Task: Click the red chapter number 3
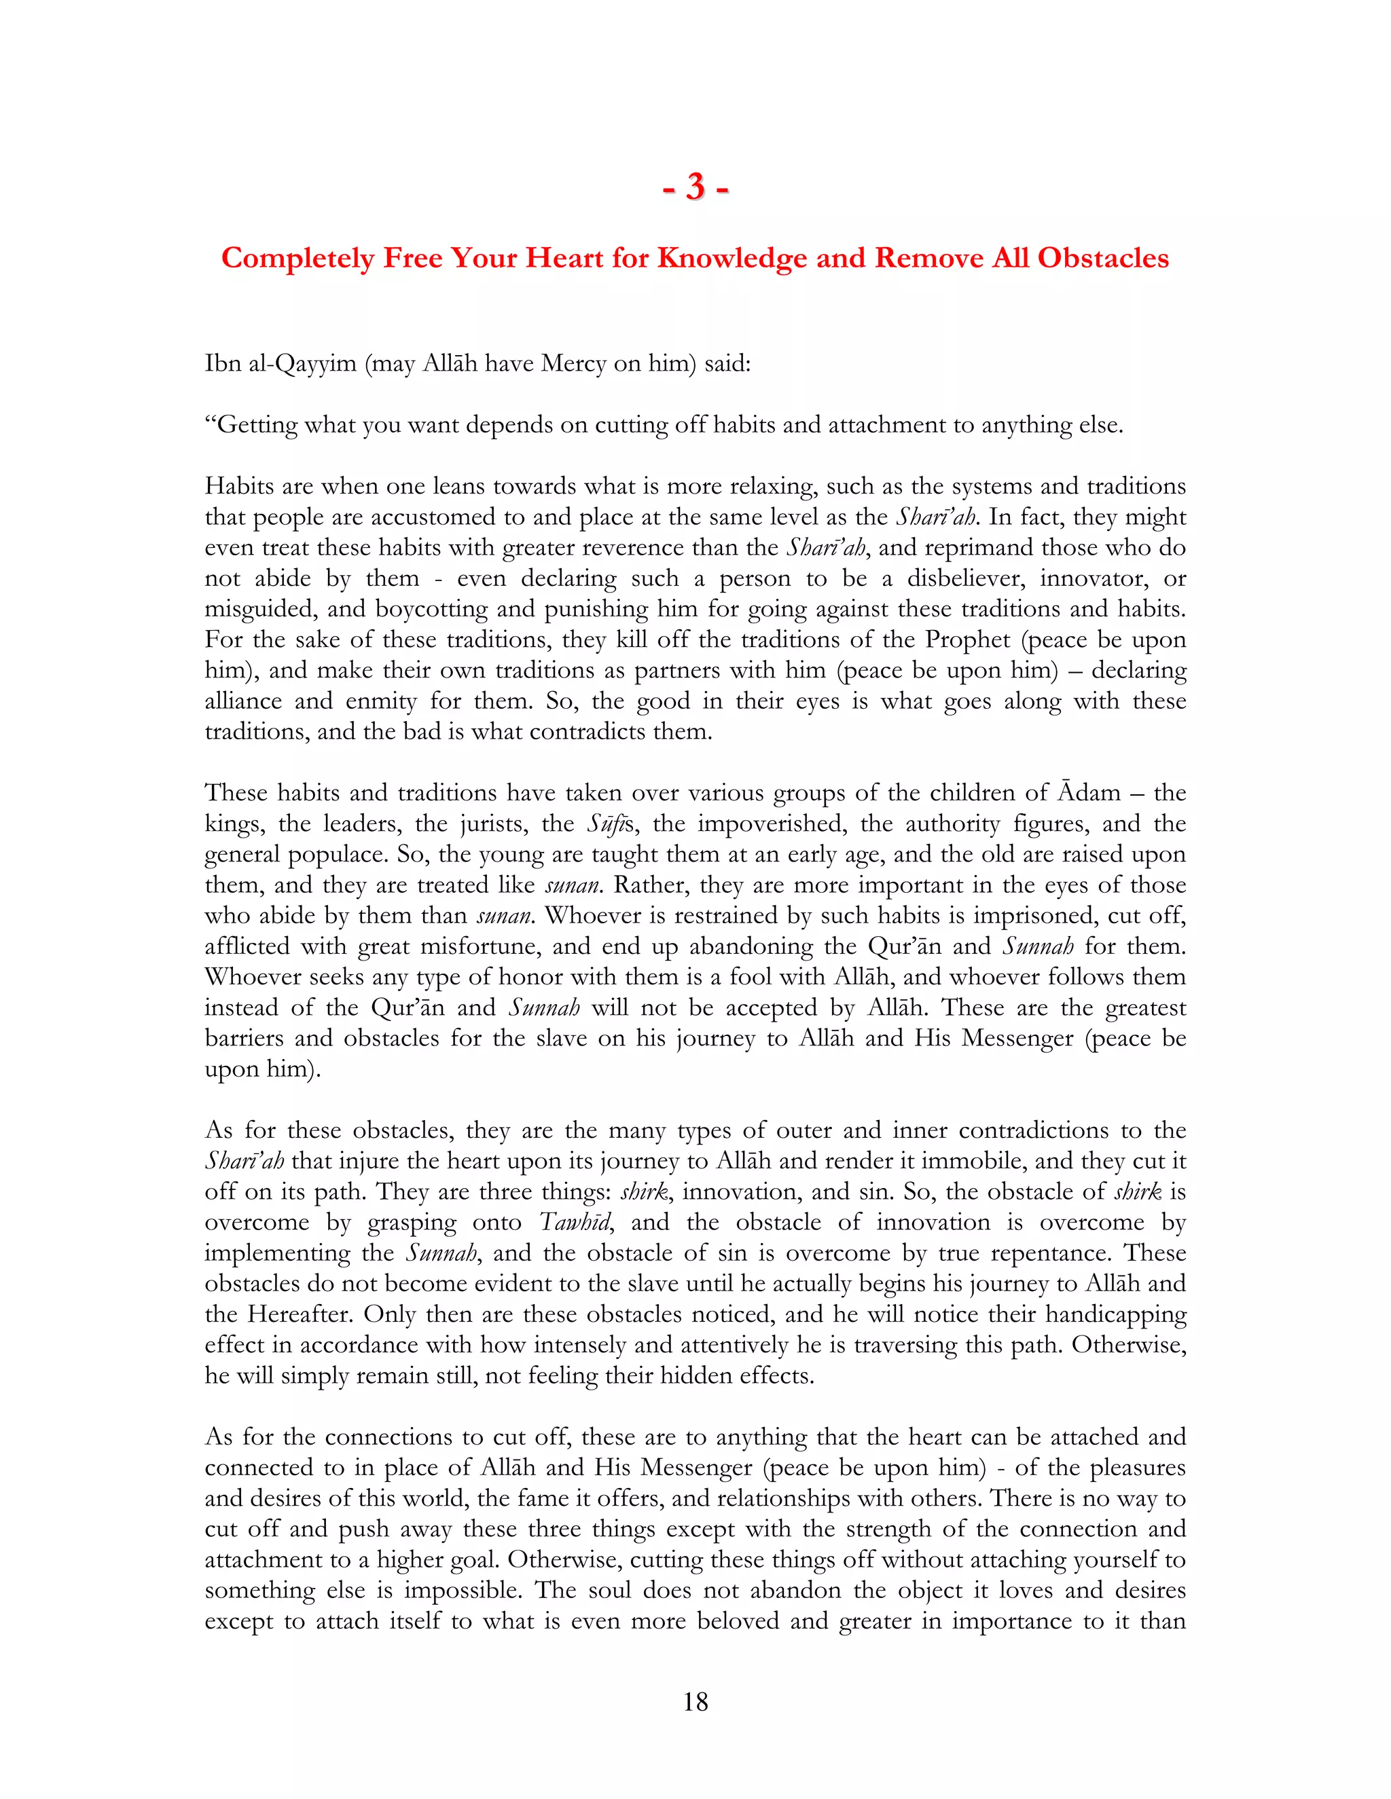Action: [x=695, y=188]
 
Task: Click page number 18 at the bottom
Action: [x=695, y=1702]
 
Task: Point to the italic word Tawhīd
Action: [x=575, y=1223]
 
